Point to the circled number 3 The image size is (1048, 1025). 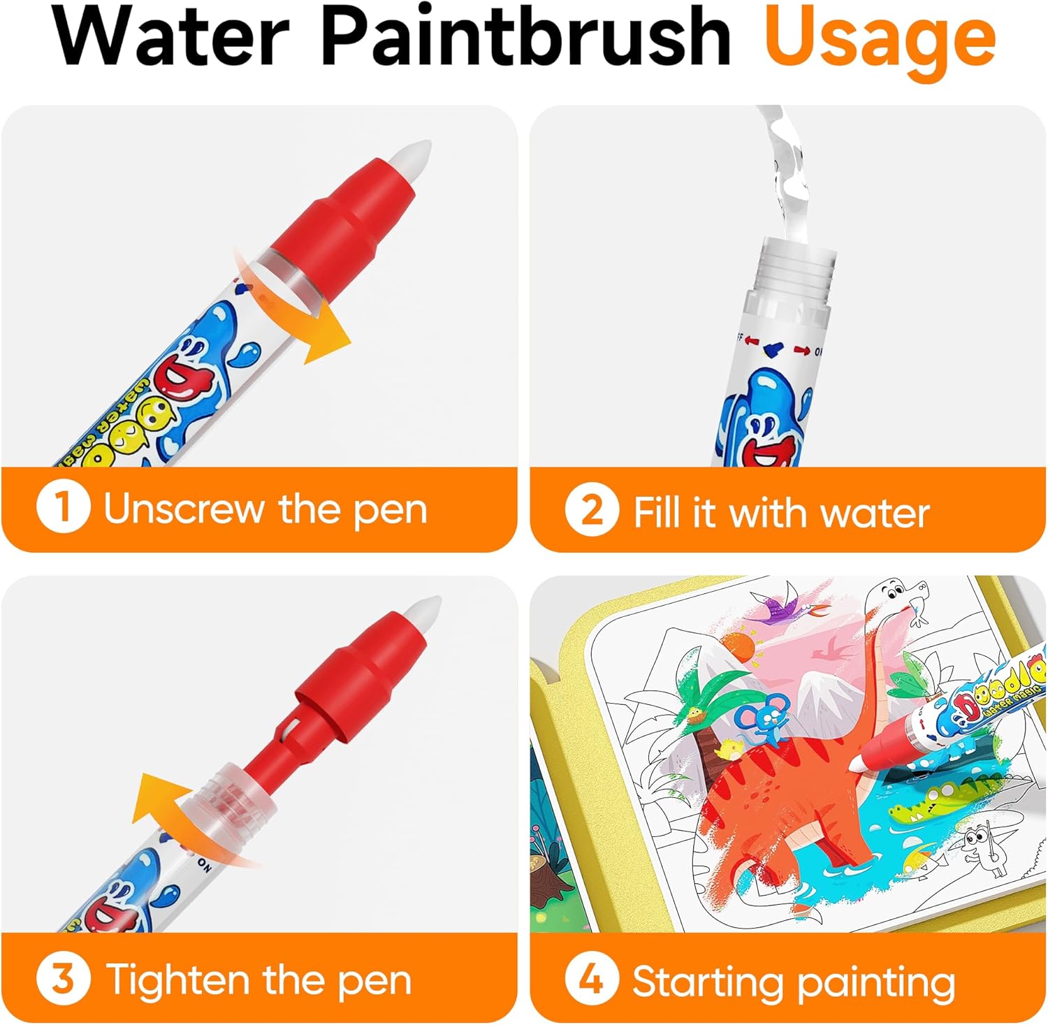[63, 979]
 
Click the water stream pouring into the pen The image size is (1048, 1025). [789, 175]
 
